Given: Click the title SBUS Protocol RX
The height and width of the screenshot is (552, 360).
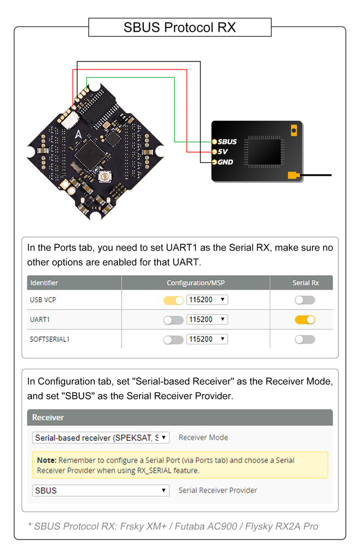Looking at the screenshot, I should (179, 27).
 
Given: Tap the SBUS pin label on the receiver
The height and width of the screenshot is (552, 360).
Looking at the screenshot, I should (227, 142).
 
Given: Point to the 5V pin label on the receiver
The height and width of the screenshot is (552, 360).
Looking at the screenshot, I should (223, 151).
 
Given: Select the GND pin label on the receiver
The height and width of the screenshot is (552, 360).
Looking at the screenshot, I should (225, 162).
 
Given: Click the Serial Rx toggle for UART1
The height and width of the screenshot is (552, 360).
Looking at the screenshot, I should (304, 320).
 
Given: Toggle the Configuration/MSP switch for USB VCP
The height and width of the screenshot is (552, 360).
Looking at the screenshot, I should (174, 300).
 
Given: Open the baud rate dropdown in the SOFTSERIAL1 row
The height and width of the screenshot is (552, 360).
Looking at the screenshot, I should (207, 339).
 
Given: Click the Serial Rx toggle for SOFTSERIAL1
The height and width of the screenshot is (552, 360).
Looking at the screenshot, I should (304, 340).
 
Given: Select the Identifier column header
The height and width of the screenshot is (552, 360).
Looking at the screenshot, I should (44, 282).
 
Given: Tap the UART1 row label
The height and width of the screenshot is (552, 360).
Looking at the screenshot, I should (40, 320).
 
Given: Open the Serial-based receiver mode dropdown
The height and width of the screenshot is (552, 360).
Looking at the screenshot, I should (101, 438).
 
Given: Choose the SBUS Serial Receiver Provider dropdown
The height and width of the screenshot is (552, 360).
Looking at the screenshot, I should (101, 491).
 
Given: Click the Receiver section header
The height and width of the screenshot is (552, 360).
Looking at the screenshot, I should (48, 418).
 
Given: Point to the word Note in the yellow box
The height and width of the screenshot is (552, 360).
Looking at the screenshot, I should (47, 460).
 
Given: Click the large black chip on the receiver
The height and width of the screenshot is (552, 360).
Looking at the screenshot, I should (264, 150).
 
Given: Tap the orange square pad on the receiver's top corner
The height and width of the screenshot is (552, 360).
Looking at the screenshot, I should (294, 130).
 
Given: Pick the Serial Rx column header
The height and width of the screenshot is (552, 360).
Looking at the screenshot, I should (306, 282).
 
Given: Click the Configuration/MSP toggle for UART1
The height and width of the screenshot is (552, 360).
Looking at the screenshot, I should (174, 320).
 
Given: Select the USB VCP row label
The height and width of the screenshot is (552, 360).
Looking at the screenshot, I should (44, 300).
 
